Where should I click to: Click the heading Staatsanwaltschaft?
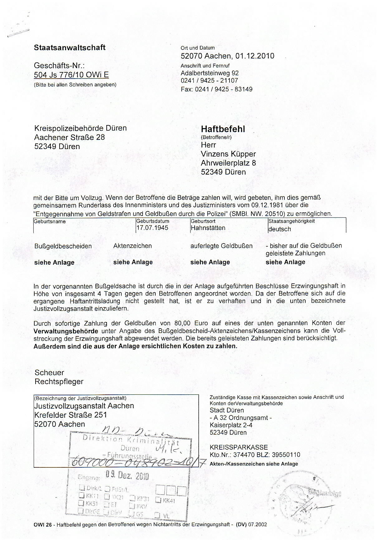(x=70, y=48)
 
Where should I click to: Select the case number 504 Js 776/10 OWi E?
(x=71, y=75)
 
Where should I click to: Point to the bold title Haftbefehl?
(x=223, y=129)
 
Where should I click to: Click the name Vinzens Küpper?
(x=228, y=154)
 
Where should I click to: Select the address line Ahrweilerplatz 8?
(x=228, y=163)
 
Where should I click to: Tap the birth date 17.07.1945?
(x=152, y=228)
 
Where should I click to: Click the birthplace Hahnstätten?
(x=208, y=228)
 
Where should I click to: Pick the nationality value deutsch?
(x=279, y=229)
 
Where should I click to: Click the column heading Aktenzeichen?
(x=133, y=246)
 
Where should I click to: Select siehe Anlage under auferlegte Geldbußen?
(x=210, y=263)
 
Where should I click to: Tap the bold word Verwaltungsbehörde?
(x=66, y=331)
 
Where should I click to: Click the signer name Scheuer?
(x=49, y=373)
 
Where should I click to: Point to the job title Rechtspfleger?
(x=59, y=382)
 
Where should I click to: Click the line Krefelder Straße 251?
(x=70, y=415)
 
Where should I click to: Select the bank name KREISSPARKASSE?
(x=239, y=447)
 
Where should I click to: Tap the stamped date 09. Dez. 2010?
(x=127, y=475)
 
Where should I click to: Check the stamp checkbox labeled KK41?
(x=158, y=500)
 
